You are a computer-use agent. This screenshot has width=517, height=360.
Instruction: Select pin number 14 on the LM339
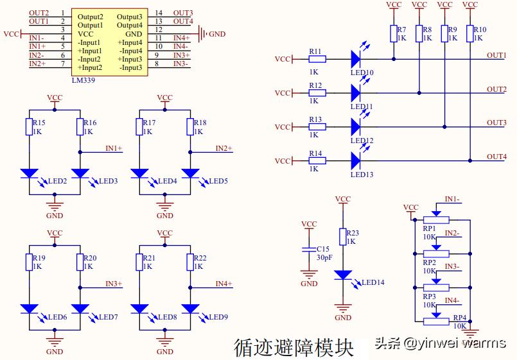(x=159, y=13)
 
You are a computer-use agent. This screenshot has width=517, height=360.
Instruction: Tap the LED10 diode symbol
(x=358, y=59)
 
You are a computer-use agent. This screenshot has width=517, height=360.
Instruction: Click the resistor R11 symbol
(x=317, y=59)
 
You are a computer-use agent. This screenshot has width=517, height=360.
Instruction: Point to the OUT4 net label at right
(x=496, y=157)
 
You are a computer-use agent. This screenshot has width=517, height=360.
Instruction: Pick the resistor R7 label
(x=401, y=30)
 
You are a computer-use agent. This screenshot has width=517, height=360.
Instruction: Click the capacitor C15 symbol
(x=309, y=248)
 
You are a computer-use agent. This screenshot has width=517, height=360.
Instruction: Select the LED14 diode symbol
(x=343, y=275)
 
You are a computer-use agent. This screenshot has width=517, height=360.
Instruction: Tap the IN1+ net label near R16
(x=114, y=148)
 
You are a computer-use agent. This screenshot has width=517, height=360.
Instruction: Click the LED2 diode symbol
(x=29, y=173)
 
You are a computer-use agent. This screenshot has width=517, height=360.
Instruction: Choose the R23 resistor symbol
(x=343, y=237)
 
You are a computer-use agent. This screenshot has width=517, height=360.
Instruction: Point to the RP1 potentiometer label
(x=429, y=228)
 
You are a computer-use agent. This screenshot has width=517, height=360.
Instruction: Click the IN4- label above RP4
(x=452, y=300)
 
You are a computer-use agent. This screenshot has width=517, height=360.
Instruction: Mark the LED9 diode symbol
(x=190, y=309)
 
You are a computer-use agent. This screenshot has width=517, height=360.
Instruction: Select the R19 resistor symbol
(x=29, y=262)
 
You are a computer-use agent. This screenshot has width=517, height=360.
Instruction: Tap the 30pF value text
(x=324, y=257)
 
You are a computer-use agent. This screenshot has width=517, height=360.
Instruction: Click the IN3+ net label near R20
(x=114, y=284)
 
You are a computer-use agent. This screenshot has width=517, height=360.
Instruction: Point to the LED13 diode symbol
(x=358, y=160)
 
